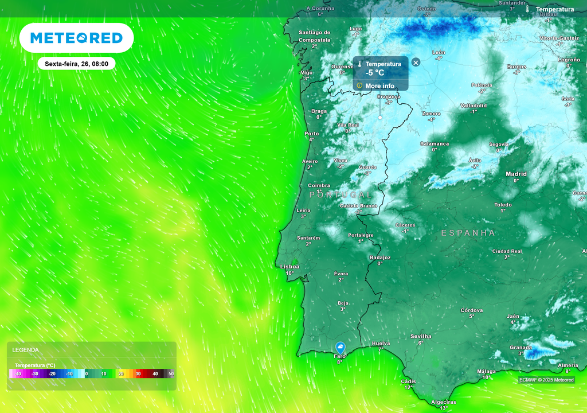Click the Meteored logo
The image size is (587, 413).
pos(76,38)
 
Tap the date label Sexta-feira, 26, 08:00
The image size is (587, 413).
pos(77,64)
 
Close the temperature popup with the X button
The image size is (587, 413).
pos(416,62)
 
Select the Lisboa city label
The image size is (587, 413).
pos(289,267)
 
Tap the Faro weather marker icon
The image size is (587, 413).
pos(341,347)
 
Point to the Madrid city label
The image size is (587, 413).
pos(516,174)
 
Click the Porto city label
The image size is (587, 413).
pos(311,134)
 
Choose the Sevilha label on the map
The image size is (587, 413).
pos(421,336)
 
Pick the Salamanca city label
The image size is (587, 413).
pos(435,143)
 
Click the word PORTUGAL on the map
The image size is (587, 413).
pos(341,195)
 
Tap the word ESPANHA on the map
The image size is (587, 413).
pos(468,233)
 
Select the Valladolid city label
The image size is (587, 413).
pos(473,106)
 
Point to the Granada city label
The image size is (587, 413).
pos(521,348)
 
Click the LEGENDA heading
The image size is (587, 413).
pos(26,349)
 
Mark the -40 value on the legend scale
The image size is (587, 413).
pos(18,374)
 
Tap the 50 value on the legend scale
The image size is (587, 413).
pos(171,374)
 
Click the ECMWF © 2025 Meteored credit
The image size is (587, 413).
pos(546,380)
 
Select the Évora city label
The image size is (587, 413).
pos(341,274)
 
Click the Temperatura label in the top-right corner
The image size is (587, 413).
pos(554,9)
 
